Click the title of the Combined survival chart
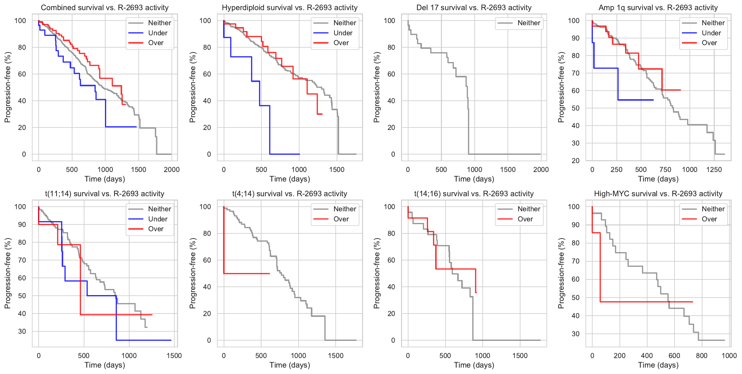pos(105,8)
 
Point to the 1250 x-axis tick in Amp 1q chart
pos(714,169)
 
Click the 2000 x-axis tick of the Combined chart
pos(172,169)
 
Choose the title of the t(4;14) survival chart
pos(290,194)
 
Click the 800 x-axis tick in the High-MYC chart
pos(701,356)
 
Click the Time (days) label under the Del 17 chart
pos(474,179)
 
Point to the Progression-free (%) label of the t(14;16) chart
pos(377,273)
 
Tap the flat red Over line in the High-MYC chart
pos(644,302)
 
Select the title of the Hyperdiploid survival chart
pos(290,8)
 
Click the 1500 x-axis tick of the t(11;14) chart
pos(174,356)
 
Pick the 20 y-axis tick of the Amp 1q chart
pos(575,161)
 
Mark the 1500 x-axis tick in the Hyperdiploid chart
pos(337,169)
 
